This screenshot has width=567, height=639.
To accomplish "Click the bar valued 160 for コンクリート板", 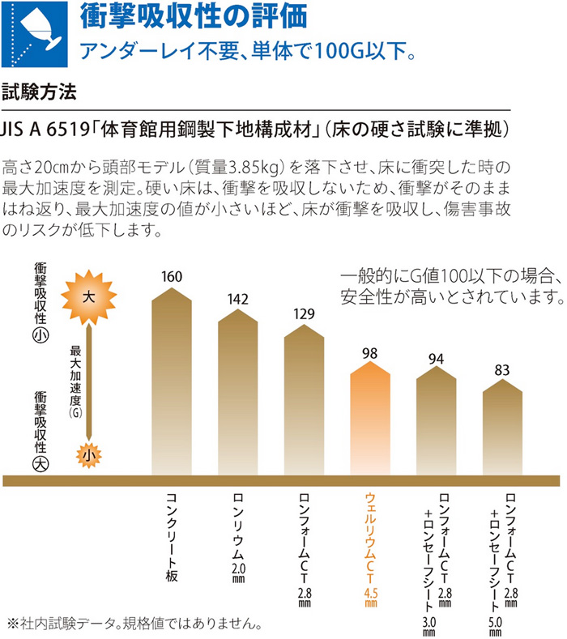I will pos(172,381).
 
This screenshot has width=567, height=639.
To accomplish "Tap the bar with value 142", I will pos(237,389).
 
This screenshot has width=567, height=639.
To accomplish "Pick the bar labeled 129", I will pos(304,397).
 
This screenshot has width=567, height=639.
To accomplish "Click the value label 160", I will pos(172,277).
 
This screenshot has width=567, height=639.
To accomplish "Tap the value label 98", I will pos(370,353).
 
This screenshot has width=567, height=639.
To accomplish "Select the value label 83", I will pos(503,370).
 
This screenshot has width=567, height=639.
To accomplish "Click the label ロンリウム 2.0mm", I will pos(238,539).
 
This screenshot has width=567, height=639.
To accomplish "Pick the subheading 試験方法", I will pos(40,92).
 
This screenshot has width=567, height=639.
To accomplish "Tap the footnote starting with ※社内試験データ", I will pos(134,624).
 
